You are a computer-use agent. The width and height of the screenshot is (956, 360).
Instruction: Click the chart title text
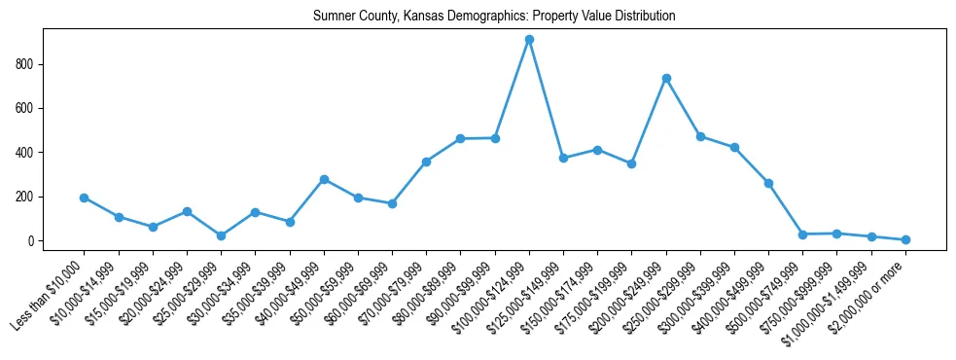[x=494, y=17]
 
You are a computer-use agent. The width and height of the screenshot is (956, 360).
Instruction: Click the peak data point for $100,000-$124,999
[x=529, y=40]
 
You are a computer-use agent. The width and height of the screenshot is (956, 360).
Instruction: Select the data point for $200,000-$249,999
[x=666, y=78]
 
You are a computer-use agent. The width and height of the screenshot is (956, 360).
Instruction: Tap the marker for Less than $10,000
[x=85, y=198]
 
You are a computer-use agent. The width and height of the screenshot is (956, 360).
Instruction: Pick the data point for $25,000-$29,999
[x=222, y=235]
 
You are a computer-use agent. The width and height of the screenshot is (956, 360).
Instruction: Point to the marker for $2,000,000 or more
[x=905, y=239]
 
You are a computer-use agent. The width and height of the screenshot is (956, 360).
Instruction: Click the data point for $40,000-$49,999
[x=324, y=179]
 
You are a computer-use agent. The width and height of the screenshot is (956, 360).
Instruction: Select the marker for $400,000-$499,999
[x=768, y=183]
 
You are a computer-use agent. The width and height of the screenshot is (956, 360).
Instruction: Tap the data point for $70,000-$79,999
[x=426, y=162]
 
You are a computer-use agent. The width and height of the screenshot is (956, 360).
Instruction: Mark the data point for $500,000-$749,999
[x=802, y=234]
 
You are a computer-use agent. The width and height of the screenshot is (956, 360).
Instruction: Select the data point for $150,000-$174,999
[x=597, y=150]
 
